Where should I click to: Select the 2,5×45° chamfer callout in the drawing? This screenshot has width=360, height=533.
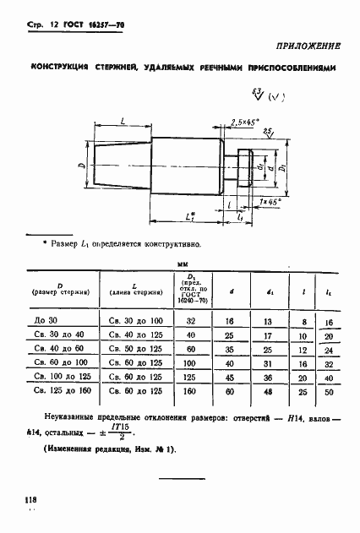(x=244, y=122)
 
